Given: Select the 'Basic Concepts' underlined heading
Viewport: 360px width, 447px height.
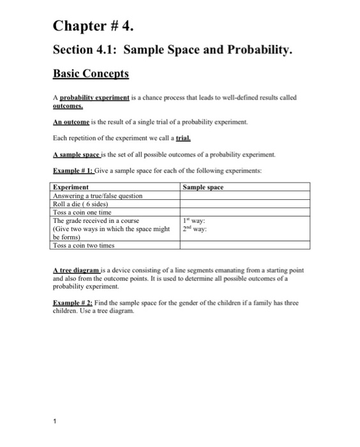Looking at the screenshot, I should click(91, 74).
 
